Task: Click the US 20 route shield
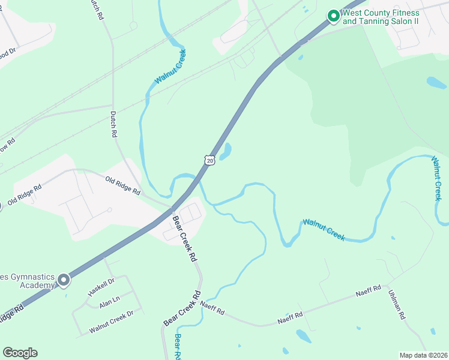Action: (208, 159)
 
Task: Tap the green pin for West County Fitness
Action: (333, 16)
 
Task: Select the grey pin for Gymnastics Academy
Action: (63, 280)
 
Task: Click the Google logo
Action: (20, 353)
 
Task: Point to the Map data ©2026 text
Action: (423, 355)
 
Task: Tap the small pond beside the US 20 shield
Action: (226, 152)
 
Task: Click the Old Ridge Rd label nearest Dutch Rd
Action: (122, 185)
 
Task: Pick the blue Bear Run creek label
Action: (178, 346)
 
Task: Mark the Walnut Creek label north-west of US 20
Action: (170, 67)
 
